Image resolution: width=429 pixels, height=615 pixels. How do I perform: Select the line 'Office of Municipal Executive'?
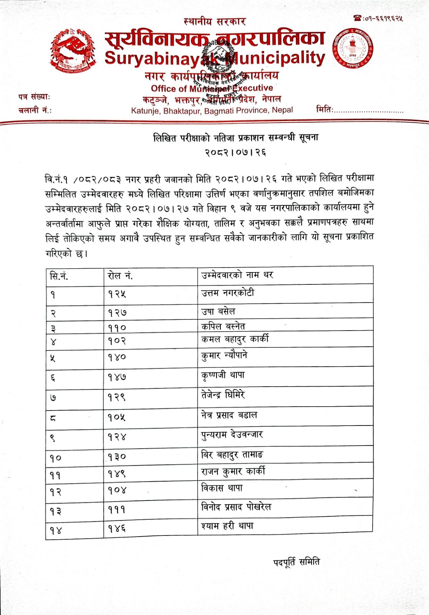coord(212,88)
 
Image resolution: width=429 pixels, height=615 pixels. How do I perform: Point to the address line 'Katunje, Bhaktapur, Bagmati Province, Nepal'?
coord(212,111)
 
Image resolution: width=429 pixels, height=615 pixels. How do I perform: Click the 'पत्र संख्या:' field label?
coord(34,97)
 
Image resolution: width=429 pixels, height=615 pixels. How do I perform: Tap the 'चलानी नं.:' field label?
coord(35,111)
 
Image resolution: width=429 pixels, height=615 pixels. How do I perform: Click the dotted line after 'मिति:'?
coord(368,111)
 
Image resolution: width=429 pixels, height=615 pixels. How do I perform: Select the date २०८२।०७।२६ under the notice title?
coord(235,153)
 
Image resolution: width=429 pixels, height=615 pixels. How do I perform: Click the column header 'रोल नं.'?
coord(120,276)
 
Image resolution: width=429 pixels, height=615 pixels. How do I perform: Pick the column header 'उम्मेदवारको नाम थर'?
coord(237,275)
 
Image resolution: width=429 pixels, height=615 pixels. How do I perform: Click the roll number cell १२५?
coord(117,294)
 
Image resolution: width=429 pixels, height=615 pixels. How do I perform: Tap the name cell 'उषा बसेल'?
coord(218,311)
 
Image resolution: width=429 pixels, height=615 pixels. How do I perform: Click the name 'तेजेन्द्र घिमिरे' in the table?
coord(223,395)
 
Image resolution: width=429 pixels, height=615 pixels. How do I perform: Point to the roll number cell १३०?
coord(117,457)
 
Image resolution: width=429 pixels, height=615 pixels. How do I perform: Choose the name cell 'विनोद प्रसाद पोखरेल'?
coord(236,507)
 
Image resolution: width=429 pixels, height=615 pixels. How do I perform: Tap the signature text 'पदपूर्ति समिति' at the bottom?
coord(296,562)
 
